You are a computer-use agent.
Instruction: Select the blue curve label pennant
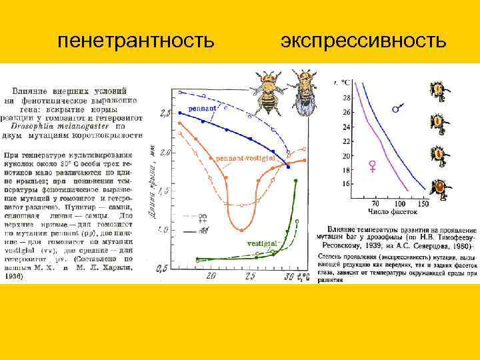pos(201,107)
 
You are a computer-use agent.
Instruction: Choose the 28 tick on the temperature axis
pos(345,98)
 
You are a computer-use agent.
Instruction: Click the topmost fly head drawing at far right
pos(438,90)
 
